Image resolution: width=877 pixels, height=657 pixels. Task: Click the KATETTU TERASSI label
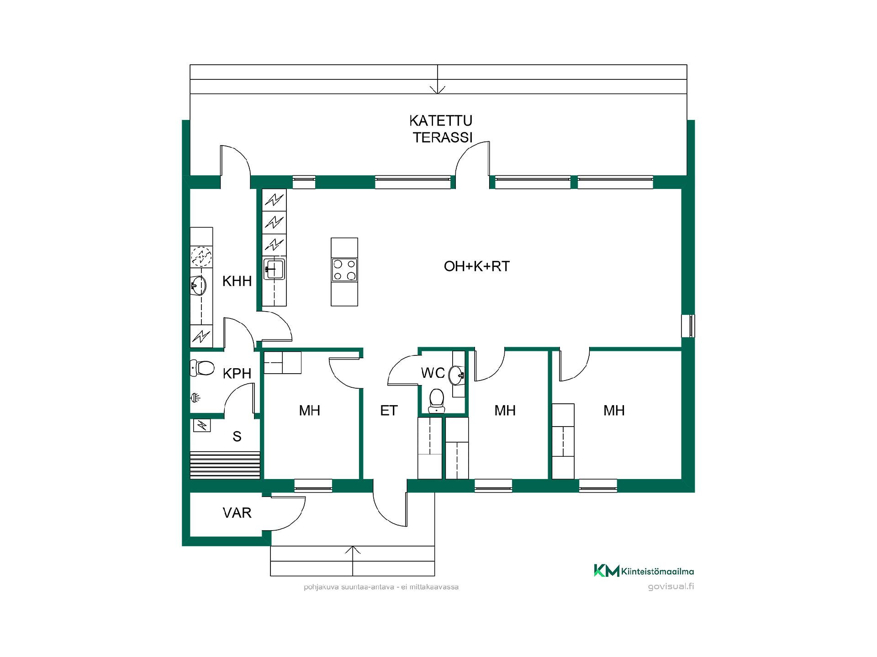(x=441, y=129)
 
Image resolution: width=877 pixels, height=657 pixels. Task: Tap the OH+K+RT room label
(x=476, y=266)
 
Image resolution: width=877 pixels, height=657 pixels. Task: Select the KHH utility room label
(x=237, y=281)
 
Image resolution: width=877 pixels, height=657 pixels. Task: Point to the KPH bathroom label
(x=237, y=374)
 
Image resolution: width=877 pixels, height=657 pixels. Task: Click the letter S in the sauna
(x=237, y=437)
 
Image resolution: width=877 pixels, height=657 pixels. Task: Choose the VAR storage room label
(x=237, y=513)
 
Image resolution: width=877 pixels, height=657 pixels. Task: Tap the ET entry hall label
(x=389, y=411)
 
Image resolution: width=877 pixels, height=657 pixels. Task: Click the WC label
(x=433, y=373)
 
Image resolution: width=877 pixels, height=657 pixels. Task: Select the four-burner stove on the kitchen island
(x=344, y=270)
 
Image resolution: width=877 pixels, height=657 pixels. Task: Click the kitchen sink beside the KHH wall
(x=274, y=269)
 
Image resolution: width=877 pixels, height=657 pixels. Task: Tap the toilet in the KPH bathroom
(x=202, y=368)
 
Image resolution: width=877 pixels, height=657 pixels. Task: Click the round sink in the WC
(x=457, y=375)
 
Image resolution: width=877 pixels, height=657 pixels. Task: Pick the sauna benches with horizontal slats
(x=225, y=465)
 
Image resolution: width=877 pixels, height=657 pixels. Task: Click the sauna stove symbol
(x=202, y=425)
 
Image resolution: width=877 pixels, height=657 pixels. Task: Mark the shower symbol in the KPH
(x=195, y=398)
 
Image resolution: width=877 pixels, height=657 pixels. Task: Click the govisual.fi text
(x=671, y=586)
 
